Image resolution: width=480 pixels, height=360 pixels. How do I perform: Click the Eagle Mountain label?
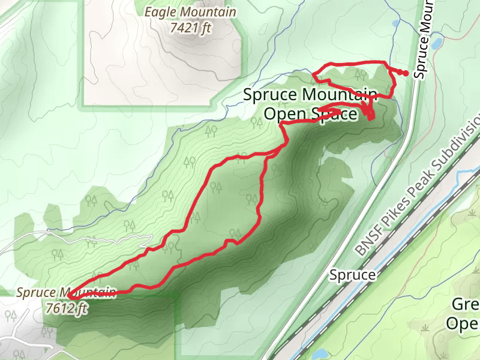tap(191, 12)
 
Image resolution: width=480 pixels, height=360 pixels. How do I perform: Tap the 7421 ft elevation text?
tap(191, 28)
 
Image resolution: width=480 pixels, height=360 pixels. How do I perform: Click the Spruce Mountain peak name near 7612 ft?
tap(66, 293)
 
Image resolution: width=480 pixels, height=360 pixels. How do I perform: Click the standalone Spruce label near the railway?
tap(352, 275)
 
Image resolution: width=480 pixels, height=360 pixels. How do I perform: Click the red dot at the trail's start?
tap(406, 73)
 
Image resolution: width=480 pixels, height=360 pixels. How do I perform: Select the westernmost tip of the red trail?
tap(69, 295)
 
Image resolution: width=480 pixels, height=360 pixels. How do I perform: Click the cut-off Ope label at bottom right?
tap(465, 324)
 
